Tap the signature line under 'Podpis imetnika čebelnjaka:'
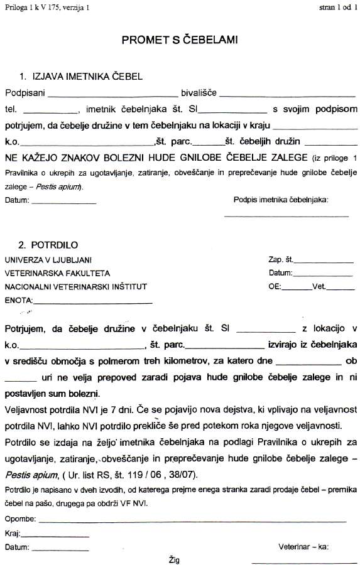point(286,215)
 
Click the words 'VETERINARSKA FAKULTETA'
point(57,273)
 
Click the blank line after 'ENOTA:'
point(92,303)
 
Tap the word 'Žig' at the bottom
point(174,557)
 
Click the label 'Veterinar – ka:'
point(303,547)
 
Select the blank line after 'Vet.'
point(341,289)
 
